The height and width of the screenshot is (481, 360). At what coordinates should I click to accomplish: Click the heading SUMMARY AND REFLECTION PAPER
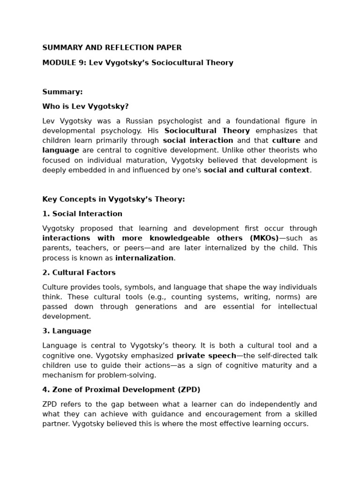pyautogui.click(x=112, y=48)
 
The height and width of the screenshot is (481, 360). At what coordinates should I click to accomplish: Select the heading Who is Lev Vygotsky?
pyautogui.click(x=85, y=107)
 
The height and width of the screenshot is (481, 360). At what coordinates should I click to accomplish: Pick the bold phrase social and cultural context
pyautogui.click(x=256, y=170)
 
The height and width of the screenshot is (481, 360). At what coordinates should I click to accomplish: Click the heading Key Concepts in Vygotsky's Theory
pyautogui.click(x=113, y=199)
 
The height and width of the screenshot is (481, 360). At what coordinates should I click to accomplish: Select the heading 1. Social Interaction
pyautogui.click(x=82, y=214)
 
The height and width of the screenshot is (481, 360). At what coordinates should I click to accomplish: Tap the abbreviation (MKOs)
pyautogui.click(x=264, y=238)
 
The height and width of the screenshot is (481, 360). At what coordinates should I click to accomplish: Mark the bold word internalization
pyautogui.click(x=144, y=258)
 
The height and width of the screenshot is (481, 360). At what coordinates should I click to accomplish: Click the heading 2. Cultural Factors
pyautogui.click(x=79, y=272)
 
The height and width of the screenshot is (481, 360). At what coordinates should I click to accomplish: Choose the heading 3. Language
pyautogui.click(x=67, y=331)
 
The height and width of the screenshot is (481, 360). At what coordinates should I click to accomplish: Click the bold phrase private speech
pyautogui.click(x=206, y=356)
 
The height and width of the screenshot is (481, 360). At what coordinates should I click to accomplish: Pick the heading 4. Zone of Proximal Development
pyautogui.click(x=121, y=390)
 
